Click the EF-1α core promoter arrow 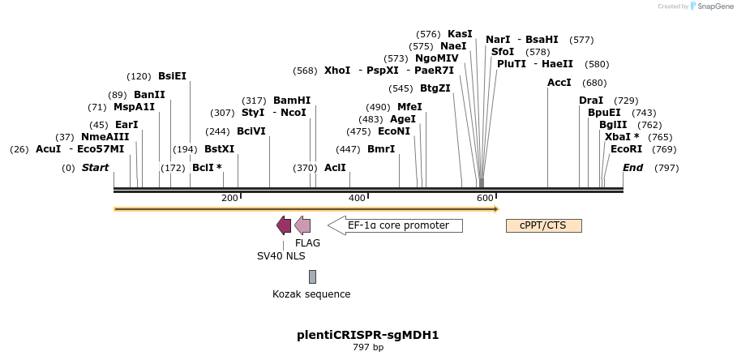click(396, 225)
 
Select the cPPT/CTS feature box click(544, 225)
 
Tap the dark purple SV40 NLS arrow click(284, 225)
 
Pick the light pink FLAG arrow click(302, 225)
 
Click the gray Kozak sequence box click(312, 276)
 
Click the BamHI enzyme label click(292, 101)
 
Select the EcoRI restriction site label click(626, 149)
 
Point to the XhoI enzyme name click(337, 71)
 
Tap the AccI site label click(559, 83)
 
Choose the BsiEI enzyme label click(172, 76)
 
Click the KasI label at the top click(460, 34)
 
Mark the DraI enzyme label click(591, 101)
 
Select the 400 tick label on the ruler click(357, 198)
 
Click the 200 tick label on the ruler click(229, 198)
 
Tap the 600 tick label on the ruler click(485, 198)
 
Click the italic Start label click(95, 168)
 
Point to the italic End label click(632, 168)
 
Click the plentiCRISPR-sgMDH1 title click(368, 334)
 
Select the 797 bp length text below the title click(368, 348)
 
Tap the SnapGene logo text click(713, 6)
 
